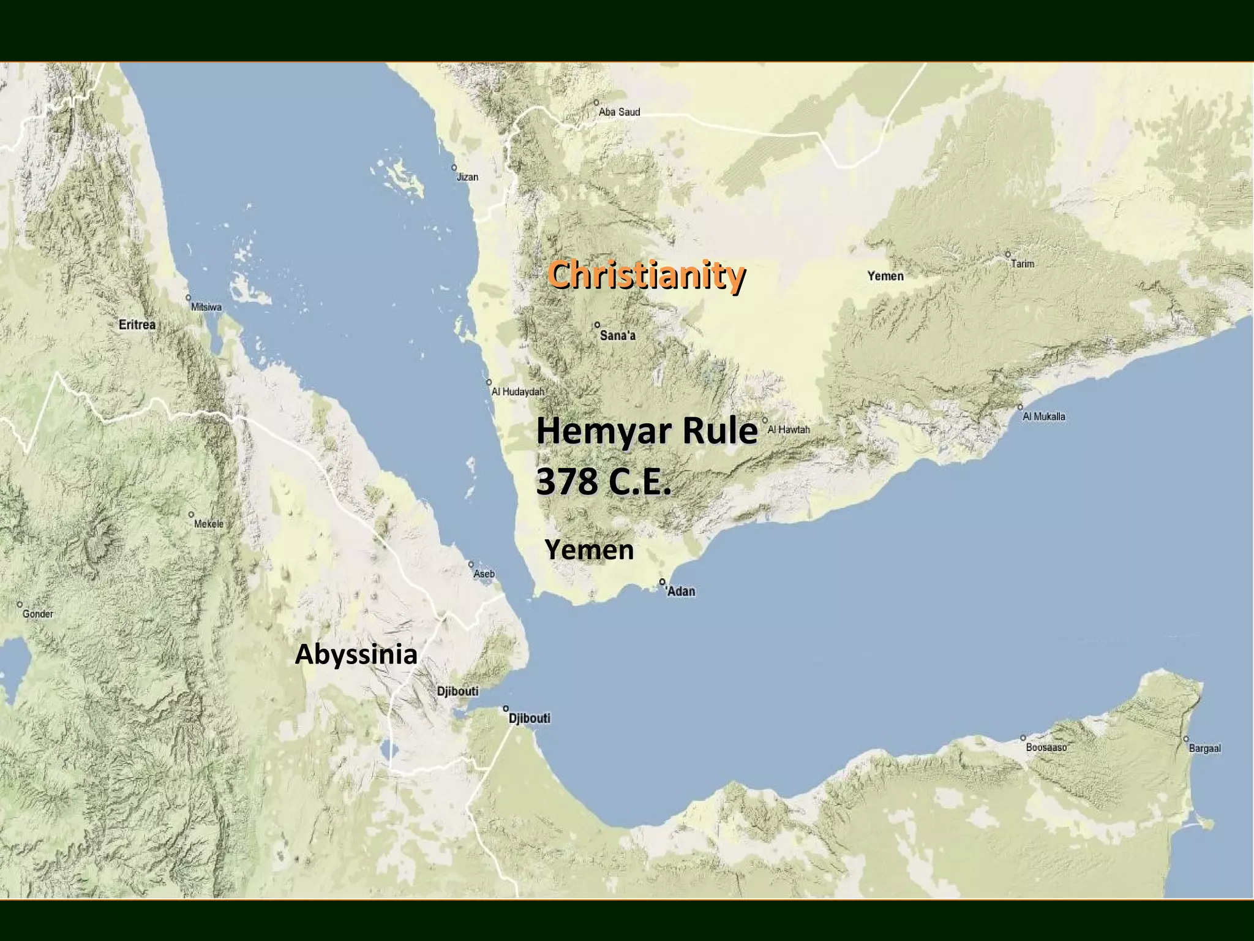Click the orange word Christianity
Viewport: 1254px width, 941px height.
point(646,274)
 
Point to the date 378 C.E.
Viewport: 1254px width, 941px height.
point(604,482)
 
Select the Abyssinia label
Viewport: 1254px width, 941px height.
point(356,654)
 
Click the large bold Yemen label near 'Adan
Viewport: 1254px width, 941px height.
point(589,550)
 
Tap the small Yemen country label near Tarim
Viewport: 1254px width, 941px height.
point(885,276)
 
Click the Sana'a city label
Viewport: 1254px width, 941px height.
point(618,336)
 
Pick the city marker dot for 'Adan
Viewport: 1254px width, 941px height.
point(663,581)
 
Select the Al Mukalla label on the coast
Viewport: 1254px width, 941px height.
point(1044,417)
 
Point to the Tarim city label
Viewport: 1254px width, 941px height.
point(1023,264)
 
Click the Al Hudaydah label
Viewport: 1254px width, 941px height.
point(518,392)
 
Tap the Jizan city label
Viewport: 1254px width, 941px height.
point(467,177)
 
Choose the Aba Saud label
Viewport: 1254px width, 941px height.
point(619,112)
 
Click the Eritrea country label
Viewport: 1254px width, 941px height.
point(137,325)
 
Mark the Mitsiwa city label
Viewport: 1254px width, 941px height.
point(206,308)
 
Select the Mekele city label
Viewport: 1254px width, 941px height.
point(209,524)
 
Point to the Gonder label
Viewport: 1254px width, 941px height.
point(38,614)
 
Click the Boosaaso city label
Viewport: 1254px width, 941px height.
point(1046,747)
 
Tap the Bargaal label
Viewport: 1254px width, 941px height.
point(1204,749)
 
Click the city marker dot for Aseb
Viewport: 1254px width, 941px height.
point(471,564)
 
